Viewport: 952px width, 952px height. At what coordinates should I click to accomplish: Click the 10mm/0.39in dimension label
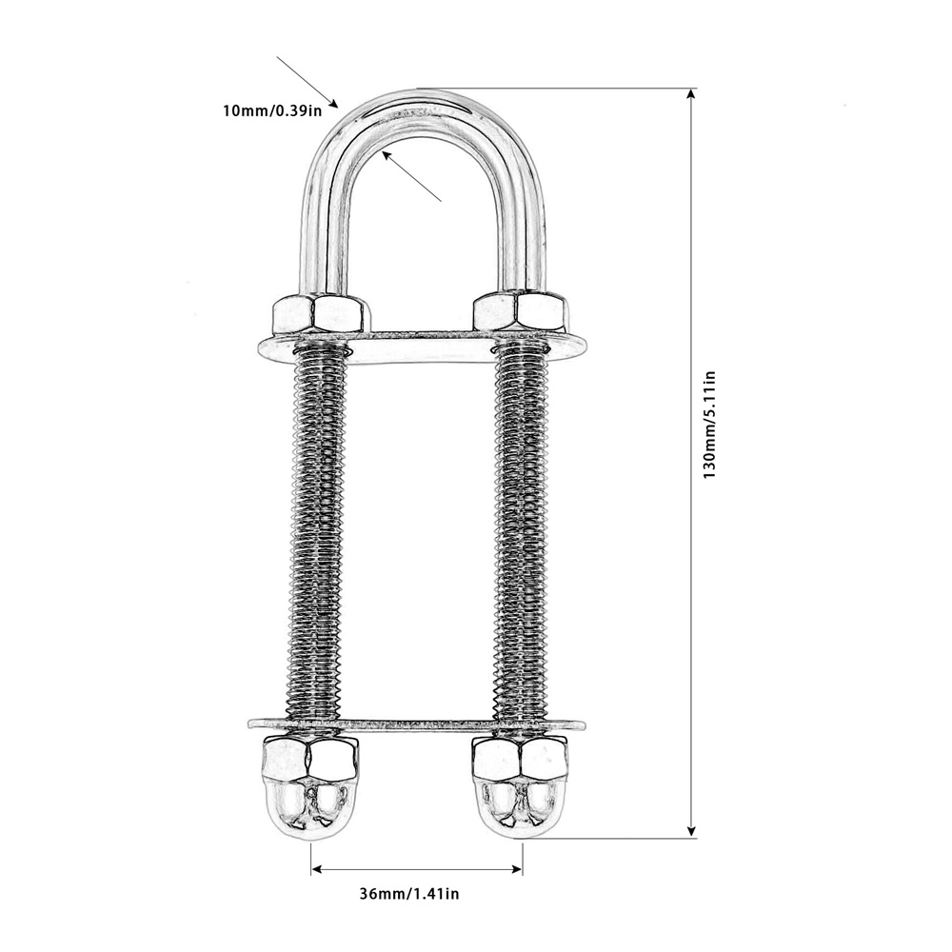tap(272, 111)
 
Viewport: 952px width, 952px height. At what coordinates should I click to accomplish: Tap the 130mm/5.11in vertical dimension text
tap(709, 425)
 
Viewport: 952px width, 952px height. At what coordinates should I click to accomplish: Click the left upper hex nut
tap(321, 313)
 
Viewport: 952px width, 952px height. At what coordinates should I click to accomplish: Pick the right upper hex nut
tap(521, 311)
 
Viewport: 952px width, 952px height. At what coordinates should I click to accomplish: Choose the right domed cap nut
tap(521, 786)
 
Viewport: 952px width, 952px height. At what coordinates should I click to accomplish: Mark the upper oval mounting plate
tap(422, 347)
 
